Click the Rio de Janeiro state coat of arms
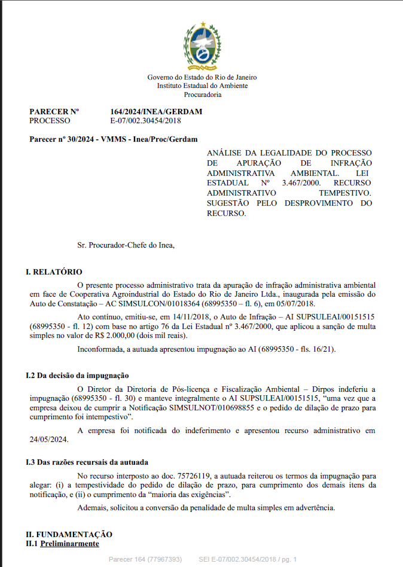pyautogui.click(x=202, y=46)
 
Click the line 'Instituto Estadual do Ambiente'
pyautogui.click(x=202, y=86)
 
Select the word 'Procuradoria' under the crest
pyautogui.click(x=202, y=94)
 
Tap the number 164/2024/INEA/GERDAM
pyautogui.click(x=156, y=112)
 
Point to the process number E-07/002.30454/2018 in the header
pyautogui.click(x=145, y=120)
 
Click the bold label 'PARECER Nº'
pyautogui.click(x=54, y=112)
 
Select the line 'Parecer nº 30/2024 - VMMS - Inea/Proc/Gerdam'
pyautogui.click(x=113, y=139)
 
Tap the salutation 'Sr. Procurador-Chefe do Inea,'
pyautogui.click(x=126, y=245)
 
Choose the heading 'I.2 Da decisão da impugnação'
pyautogui.click(x=77, y=376)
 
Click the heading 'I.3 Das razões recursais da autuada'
pyautogui.click(x=87, y=462)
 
